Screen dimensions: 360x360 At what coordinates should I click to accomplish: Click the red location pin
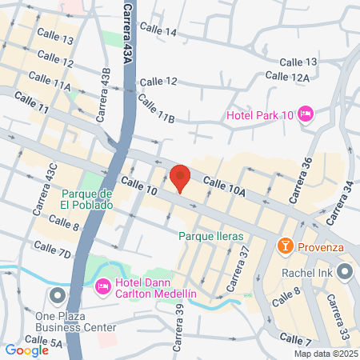[180, 178]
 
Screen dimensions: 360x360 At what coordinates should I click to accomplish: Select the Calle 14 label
[158, 30]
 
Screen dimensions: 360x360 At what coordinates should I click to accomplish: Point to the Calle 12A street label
[286, 76]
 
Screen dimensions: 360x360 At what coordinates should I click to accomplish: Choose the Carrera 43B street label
[104, 94]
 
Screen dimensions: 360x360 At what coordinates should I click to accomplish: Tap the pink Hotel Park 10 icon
[304, 115]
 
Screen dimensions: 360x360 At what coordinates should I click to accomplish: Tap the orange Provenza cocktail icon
[283, 246]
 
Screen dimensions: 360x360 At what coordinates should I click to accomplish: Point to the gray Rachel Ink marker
[344, 270]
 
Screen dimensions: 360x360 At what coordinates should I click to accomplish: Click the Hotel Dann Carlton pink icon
[103, 286]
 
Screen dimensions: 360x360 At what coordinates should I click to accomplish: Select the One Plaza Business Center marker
[57, 297]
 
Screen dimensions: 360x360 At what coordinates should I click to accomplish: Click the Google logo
[26, 350]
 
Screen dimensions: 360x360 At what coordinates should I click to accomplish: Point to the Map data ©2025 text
[325, 354]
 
